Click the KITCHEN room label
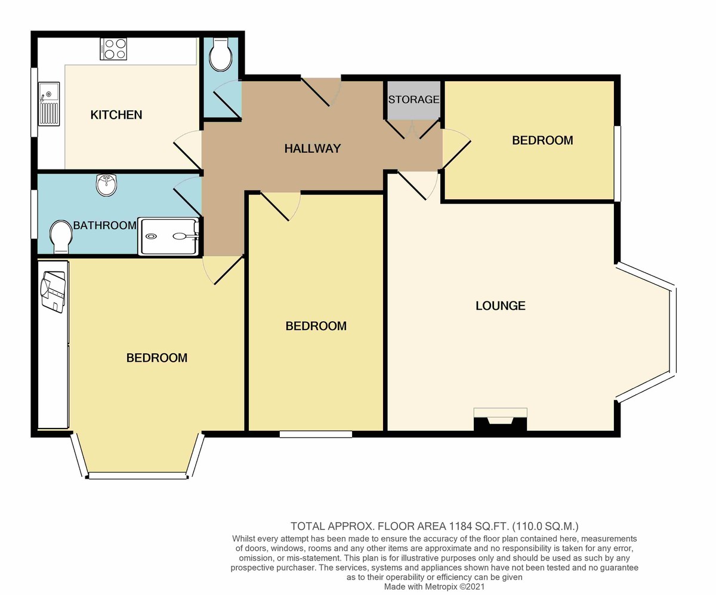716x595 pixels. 116,115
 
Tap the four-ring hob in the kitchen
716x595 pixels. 113,49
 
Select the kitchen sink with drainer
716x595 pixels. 49,104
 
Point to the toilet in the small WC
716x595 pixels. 220,54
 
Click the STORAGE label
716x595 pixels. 413,100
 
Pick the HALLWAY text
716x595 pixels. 313,149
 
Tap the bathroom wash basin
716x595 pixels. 107,185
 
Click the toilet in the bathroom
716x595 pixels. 61,237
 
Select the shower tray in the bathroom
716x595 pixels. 168,236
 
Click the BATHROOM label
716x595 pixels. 105,226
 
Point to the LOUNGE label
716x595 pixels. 501,306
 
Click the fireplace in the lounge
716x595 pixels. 501,419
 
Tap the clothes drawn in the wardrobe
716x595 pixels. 53,292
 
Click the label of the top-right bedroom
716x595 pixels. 542,141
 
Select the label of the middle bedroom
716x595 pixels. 316,326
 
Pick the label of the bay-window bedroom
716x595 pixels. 157,358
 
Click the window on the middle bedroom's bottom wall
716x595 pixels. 316,434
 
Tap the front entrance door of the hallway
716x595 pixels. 320,91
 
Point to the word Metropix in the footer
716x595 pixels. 441,587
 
